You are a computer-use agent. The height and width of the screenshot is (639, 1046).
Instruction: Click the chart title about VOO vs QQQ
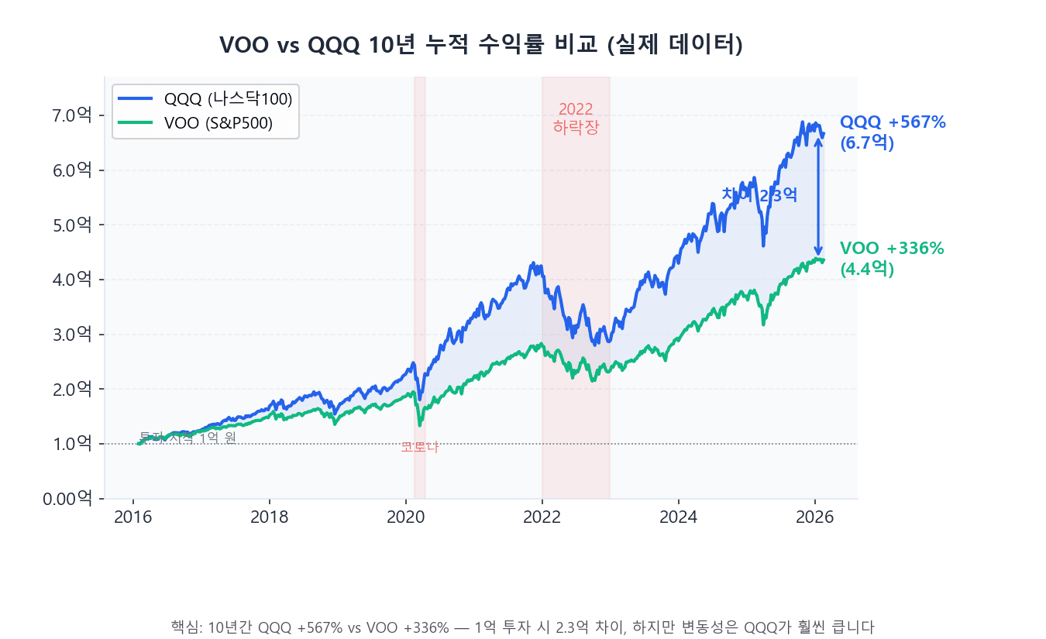coord(481,45)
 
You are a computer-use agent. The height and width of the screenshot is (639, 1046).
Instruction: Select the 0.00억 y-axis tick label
coord(69,498)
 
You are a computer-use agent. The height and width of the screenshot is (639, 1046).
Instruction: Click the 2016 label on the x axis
coord(133,517)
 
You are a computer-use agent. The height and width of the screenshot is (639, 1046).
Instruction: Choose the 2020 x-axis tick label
coord(406,517)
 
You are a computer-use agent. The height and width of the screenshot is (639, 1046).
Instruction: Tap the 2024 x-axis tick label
coord(679,517)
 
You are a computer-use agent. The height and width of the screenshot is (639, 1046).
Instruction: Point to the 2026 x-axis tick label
coord(815,517)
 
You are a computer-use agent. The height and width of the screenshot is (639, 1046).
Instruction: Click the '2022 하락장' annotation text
coord(576,119)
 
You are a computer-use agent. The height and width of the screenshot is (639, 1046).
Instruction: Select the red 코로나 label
coord(419,447)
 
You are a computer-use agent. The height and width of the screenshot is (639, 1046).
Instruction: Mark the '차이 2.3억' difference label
coord(759,196)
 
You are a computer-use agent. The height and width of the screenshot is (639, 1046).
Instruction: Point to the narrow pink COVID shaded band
coord(420,232)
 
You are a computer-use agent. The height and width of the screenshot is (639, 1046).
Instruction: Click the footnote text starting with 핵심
coord(522,627)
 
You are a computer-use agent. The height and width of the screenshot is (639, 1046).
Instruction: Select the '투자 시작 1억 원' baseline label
coord(188,438)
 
